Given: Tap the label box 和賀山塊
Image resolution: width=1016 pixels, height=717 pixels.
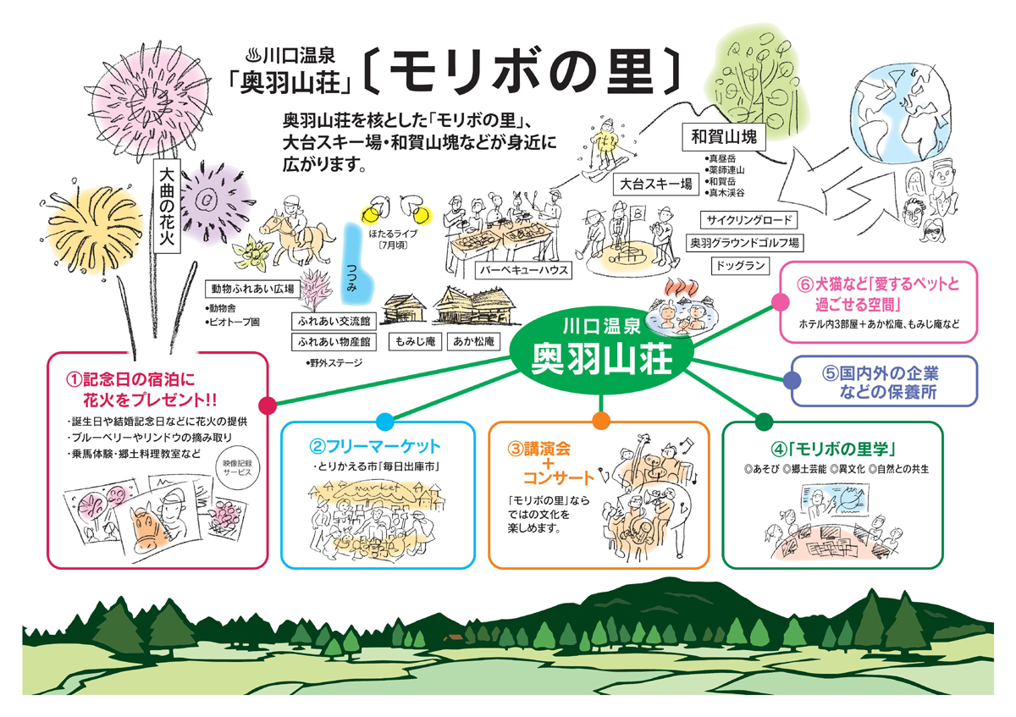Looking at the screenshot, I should point(723,136).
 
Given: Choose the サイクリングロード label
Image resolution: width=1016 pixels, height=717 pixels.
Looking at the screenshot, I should point(749,220).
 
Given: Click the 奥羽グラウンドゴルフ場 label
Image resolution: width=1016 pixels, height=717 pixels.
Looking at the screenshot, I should point(745,243).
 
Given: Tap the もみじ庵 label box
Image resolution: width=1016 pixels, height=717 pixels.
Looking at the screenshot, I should point(412,342).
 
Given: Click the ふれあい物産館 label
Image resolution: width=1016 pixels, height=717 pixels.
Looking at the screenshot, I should point(332,342).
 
